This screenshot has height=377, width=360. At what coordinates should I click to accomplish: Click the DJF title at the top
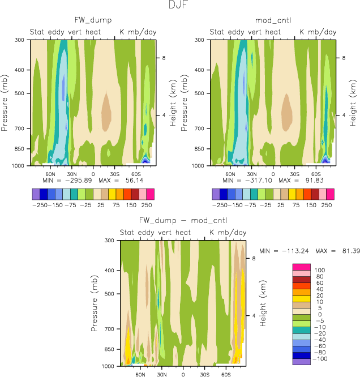coord(179,5)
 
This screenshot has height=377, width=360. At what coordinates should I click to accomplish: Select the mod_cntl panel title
coord(273,20)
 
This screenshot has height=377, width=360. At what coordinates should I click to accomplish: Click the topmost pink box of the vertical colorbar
coord(301,267)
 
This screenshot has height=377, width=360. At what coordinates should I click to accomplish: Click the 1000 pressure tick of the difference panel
coord(109,366)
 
